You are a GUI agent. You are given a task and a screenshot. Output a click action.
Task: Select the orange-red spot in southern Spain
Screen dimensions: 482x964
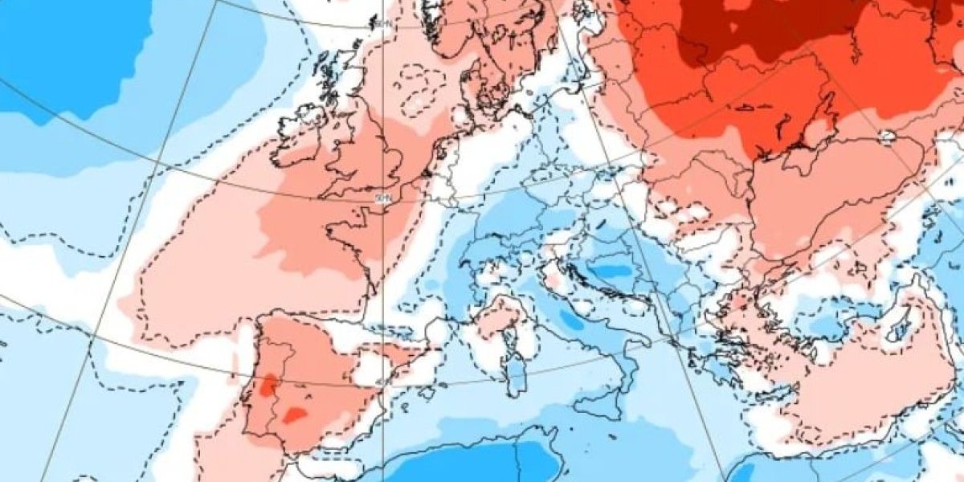pos(294,415)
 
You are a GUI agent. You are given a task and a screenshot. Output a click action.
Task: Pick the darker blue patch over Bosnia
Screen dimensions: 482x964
pos(614,272)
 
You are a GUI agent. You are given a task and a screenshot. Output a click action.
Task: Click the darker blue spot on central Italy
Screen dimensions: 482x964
pos(571,321)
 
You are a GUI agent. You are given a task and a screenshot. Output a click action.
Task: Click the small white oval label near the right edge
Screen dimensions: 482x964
pos(887,137)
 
